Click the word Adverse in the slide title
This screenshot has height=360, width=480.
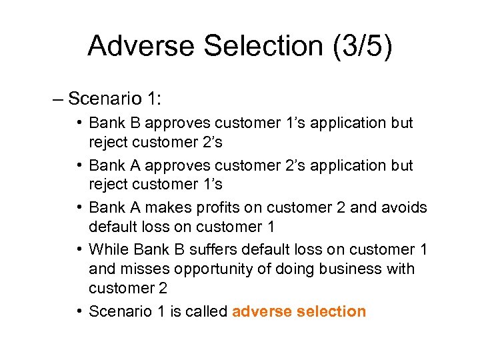(141, 45)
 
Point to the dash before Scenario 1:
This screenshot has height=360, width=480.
(58, 99)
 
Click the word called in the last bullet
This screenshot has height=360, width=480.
(203, 311)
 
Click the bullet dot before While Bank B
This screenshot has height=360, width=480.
(79, 249)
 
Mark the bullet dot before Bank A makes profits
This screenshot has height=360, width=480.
(79, 207)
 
